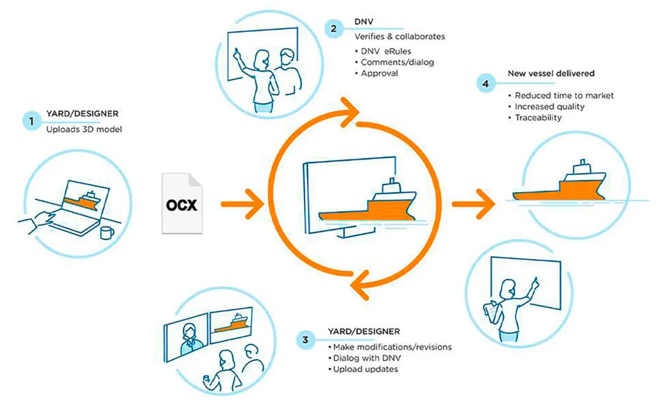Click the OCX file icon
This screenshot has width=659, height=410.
[182, 204]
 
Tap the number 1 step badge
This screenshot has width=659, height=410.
[31, 121]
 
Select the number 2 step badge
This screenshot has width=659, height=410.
[334, 29]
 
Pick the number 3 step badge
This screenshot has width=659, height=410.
[305, 340]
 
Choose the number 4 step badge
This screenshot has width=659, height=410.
[485, 84]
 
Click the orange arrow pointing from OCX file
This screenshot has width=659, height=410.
[243, 204]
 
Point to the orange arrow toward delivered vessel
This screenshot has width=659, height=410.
[474, 204]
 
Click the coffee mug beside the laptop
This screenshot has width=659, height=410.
[106, 233]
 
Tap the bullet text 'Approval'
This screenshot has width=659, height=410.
[379, 73]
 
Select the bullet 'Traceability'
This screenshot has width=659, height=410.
[538, 118]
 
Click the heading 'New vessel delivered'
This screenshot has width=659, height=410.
[551, 73]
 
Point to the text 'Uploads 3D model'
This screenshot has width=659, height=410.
[84, 129]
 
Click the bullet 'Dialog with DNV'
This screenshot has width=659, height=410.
[367, 358]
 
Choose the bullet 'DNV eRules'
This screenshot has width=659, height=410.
[386, 51]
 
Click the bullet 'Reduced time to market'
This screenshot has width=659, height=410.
[564, 96]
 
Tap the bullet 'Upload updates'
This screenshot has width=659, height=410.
[365, 369]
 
